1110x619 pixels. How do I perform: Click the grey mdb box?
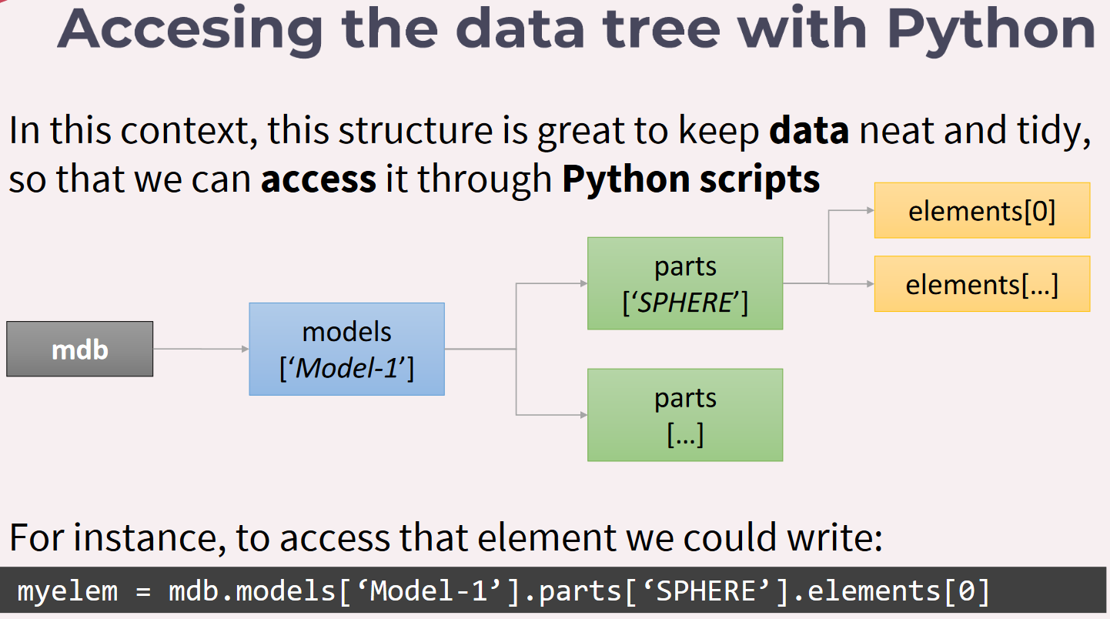coord(80,349)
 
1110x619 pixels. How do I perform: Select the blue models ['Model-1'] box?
coord(347,349)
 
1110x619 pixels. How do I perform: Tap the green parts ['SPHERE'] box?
coord(685,283)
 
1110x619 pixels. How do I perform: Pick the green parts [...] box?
coord(685,415)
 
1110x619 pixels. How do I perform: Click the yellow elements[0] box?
coord(982,211)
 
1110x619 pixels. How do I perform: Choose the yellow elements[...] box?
coord(982,284)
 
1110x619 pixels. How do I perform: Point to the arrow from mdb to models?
coord(201,349)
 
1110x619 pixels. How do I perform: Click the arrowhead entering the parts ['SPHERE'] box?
coord(583,283)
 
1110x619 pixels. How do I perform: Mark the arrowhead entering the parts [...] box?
coord(583,415)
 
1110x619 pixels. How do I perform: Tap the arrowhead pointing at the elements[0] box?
coord(871,210)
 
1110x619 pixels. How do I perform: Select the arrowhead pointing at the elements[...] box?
coord(871,284)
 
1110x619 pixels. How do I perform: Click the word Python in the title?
coord(991,31)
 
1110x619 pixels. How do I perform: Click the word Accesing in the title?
coord(190,31)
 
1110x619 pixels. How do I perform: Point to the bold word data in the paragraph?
coord(809,130)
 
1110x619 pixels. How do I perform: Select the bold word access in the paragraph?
coord(319,179)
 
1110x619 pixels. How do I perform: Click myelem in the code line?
coord(68,591)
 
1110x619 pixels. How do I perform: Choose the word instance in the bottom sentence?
coord(146,537)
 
